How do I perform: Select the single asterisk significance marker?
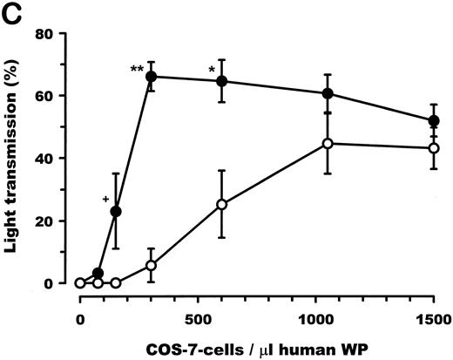[211, 70]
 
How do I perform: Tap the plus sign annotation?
[105, 200]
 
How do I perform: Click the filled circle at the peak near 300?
[151, 77]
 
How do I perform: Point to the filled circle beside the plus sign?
[116, 211]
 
